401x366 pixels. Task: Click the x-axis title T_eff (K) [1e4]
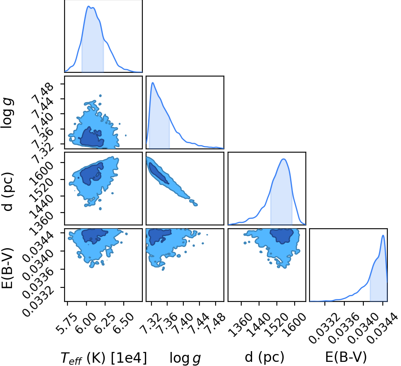click(104, 358)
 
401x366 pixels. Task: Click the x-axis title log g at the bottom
click(185, 358)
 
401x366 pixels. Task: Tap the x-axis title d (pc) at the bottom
click(264, 357)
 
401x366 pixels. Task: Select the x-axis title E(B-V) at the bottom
click(346, 357)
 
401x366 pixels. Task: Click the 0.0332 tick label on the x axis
click(325, 324)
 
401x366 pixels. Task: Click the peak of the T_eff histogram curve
click(89, 6)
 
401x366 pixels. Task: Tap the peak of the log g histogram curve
click(153, 83)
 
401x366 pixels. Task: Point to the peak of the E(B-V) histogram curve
click(383, 235)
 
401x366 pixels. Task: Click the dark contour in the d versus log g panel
click(159, 173)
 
